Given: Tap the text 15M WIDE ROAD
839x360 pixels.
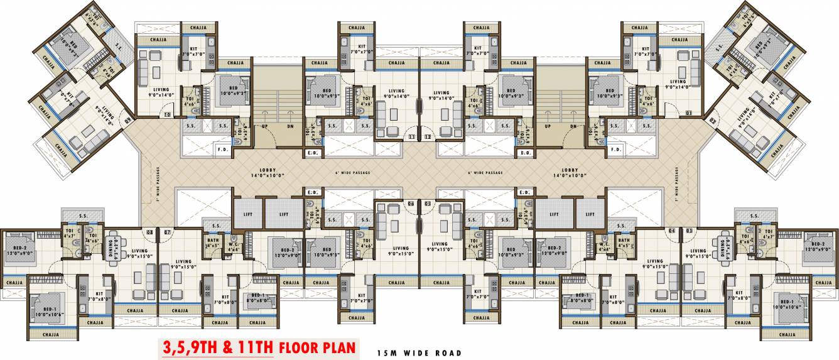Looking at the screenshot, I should click(x=419, y=353).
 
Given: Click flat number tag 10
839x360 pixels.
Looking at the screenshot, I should click(x=168, y=114).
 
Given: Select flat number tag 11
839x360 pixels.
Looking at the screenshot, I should click(x=411, y=136).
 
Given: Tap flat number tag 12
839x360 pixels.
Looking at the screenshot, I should click(x=428, y=136).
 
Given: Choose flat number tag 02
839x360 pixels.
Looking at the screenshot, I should click(x=712, y=119).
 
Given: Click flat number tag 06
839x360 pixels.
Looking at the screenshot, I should click(x=411, y=204).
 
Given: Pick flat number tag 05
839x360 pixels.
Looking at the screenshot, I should click(x=428, y=204).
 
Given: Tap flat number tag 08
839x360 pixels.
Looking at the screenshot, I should click(x=150, y=232).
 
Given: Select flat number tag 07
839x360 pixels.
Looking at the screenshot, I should click(x=167, y=232).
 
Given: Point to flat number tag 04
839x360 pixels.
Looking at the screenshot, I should click(x=671, y=231).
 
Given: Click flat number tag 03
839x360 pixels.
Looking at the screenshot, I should click(x=689, y=231).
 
